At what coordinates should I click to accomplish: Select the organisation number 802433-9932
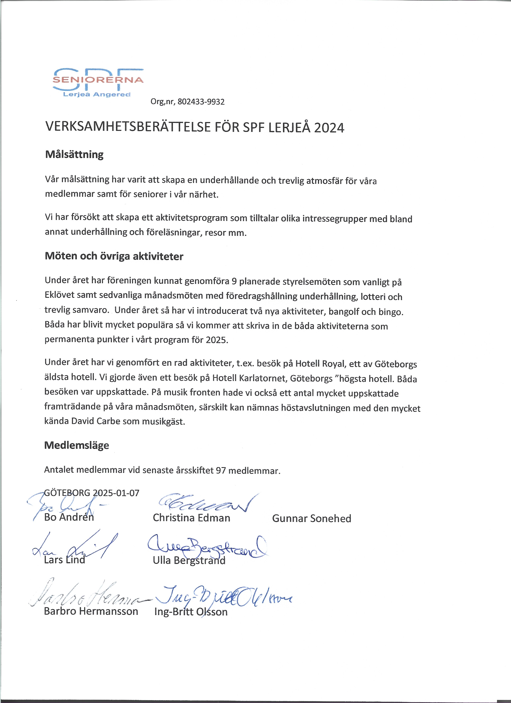tap(201, 102)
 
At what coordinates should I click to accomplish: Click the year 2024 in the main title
tap(329, 128)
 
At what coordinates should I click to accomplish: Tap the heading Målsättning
tap(74, 154)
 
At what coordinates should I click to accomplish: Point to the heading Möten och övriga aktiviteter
tap(114, 256)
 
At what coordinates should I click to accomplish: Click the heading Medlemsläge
tap(77, 445)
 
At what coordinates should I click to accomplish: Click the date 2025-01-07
tap(116, 493)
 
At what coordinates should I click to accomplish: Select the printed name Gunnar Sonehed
tap(311, 518)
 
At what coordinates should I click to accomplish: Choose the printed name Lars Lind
tap(65, 560)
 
